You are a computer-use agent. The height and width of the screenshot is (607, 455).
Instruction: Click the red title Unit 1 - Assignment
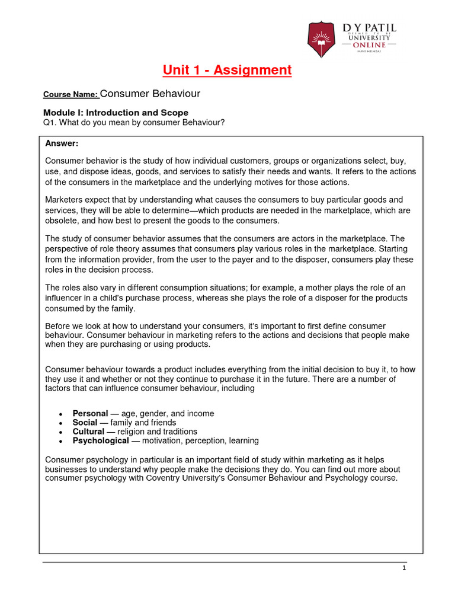pos(227,71)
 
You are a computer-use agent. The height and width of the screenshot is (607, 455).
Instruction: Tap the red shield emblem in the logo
pos(321,39)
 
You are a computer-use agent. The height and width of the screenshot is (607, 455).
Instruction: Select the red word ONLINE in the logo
pos(369,44)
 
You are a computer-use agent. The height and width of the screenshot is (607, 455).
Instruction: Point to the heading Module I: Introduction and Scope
pos(116,113)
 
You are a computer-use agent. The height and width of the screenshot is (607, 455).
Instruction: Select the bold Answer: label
pos(62,144)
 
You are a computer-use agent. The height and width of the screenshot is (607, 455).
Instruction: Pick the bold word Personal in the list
pos(90,413)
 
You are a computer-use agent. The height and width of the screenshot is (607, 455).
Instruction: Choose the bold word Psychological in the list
pos(100,441)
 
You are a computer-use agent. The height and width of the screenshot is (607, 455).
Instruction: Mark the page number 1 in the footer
pos(403,568)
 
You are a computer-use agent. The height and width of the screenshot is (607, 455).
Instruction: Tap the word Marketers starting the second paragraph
pos(64,200)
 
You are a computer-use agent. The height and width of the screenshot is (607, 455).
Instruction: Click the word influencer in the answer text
pos(67,298)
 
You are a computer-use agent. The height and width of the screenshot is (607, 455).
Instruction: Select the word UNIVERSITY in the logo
pos(369,37)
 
